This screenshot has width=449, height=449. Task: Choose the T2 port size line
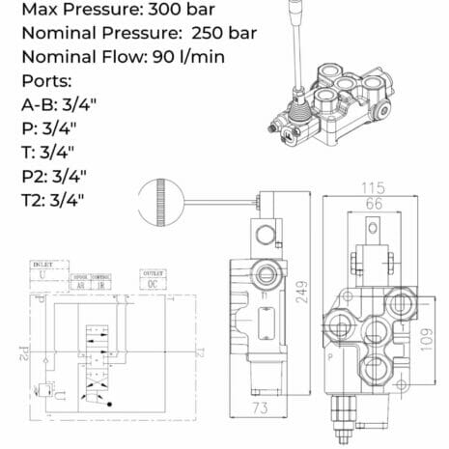tap(53, 200)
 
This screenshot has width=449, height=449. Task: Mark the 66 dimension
tap(371, 203)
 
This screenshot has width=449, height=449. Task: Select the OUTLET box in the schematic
tap(154, 278)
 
